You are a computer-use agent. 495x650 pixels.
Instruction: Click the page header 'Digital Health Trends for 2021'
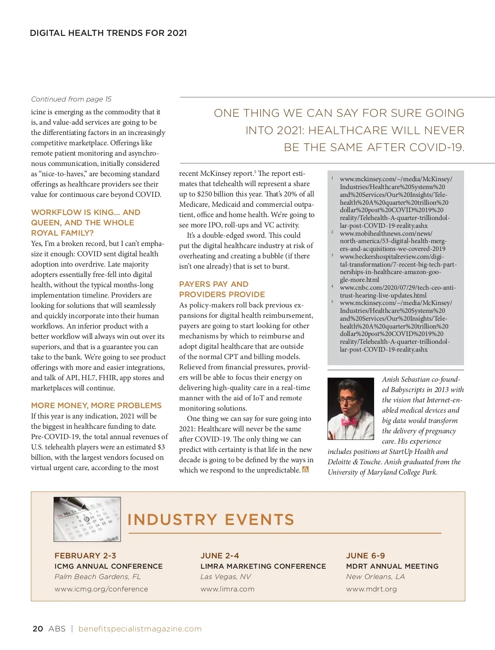pos(108,33)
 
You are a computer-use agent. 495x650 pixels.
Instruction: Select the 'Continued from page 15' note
pos(71,99)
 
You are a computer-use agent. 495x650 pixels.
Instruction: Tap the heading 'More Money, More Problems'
pos(96,405)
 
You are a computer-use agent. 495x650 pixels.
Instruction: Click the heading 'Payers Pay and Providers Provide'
pos(222,289)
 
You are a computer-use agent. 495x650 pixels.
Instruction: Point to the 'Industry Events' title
pos(211,520)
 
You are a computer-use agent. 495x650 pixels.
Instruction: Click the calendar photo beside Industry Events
pos(87,519)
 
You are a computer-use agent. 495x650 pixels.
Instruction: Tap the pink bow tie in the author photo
pos(349,422)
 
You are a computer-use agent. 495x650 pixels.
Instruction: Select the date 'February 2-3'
pos(85,555)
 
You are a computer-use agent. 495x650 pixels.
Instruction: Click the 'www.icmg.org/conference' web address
pos(101,589)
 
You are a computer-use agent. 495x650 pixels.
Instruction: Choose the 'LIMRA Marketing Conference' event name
pos(263,566)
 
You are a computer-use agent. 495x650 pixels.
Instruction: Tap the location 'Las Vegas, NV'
pos(226,577)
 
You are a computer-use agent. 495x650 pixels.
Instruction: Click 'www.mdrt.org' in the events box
pos(371,589)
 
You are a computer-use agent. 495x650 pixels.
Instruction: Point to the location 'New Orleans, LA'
pos(375,577)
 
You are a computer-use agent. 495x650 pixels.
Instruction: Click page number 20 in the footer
pos(38,629)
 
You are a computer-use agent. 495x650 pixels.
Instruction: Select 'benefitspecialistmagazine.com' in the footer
pos(140,629)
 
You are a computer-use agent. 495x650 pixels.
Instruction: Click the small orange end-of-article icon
pos(305,470)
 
